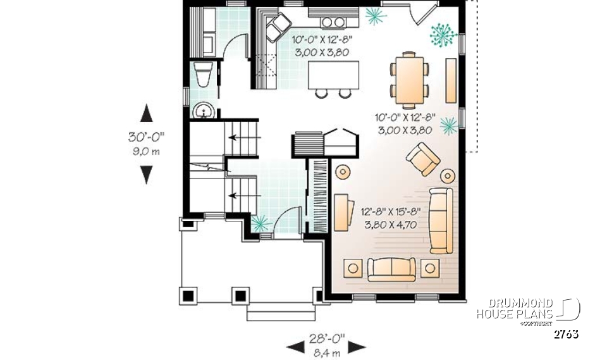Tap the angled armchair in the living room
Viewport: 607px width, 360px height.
423,158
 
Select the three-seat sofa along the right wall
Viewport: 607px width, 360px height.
440,220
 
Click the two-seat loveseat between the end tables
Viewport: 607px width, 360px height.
391,269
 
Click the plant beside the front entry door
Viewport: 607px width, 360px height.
259,222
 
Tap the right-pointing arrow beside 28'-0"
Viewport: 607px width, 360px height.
358,346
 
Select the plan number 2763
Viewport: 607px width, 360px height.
565,334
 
